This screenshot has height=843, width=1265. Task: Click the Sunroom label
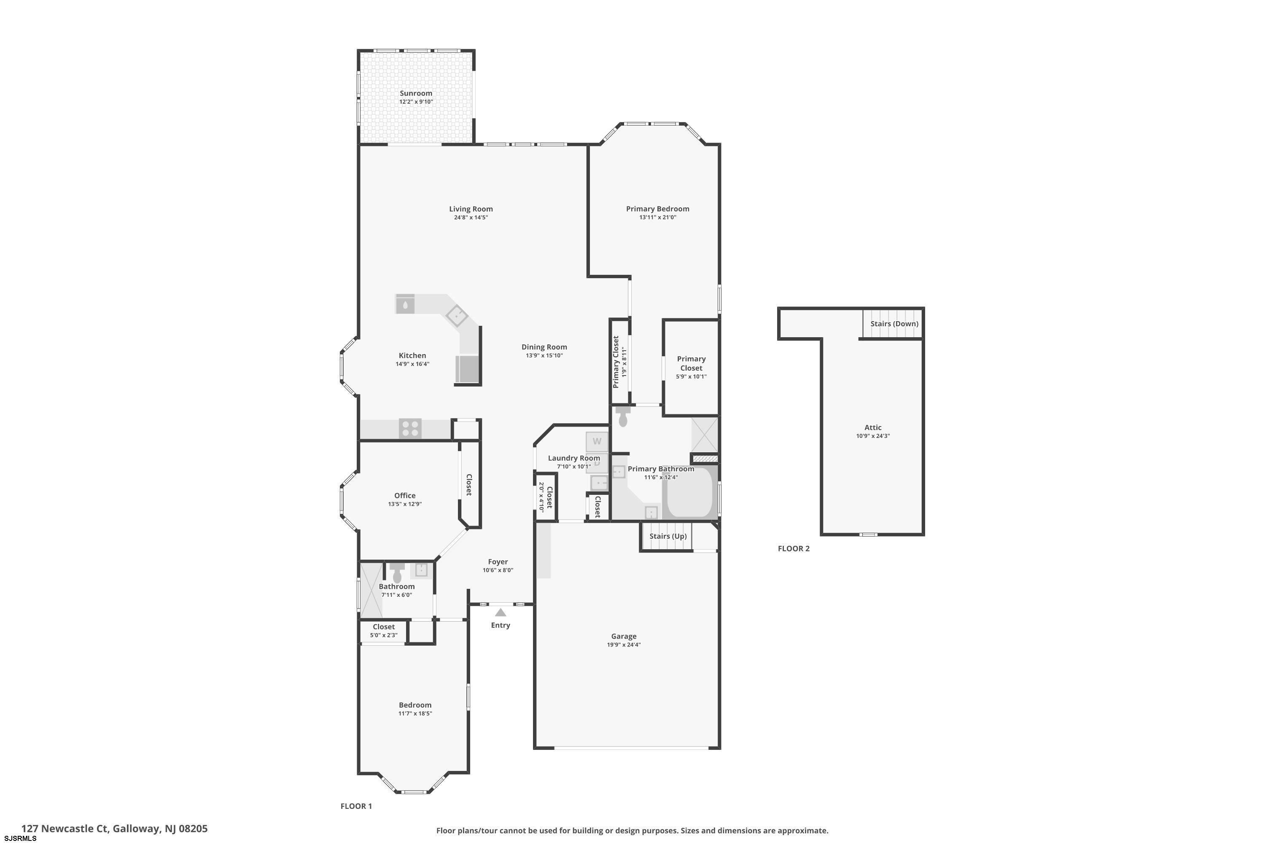[x=416, y=93]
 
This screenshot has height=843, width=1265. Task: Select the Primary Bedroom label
[x=657, y=209]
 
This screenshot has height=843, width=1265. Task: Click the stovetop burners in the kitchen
[x=410, y=429]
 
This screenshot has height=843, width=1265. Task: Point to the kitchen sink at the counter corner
[x=457, y=316]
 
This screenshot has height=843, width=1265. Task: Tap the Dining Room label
[x=544, y=347]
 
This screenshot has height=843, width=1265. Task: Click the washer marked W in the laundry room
[x=597, y=441]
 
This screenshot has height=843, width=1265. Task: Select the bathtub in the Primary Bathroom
[x=689, y=492]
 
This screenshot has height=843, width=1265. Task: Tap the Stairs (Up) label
[x=667, y=536]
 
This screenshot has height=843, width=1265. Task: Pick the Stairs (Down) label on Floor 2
[x=894, y=324]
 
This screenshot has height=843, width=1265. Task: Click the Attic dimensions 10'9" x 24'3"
[x=873, y=436]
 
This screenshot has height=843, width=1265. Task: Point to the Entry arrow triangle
[x=500, y=612]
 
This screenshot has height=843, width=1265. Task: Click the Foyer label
[x=498, y=562]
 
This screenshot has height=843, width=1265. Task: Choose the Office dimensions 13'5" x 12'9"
[x=404, y=504]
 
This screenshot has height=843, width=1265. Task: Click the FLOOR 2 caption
[x=793, y=548]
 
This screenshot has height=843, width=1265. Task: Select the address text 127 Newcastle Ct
[x=65, y=829]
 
